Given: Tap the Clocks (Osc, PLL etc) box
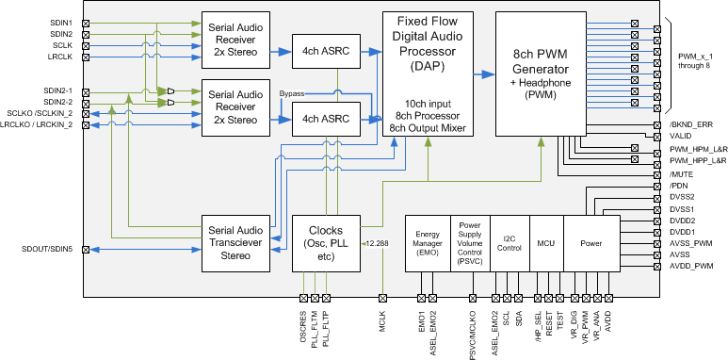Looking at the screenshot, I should point(326,243).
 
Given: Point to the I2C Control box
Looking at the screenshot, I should point(509,243).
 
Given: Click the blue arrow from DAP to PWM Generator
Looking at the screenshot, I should point(482,74).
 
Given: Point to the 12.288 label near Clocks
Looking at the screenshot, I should point(379,243).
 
